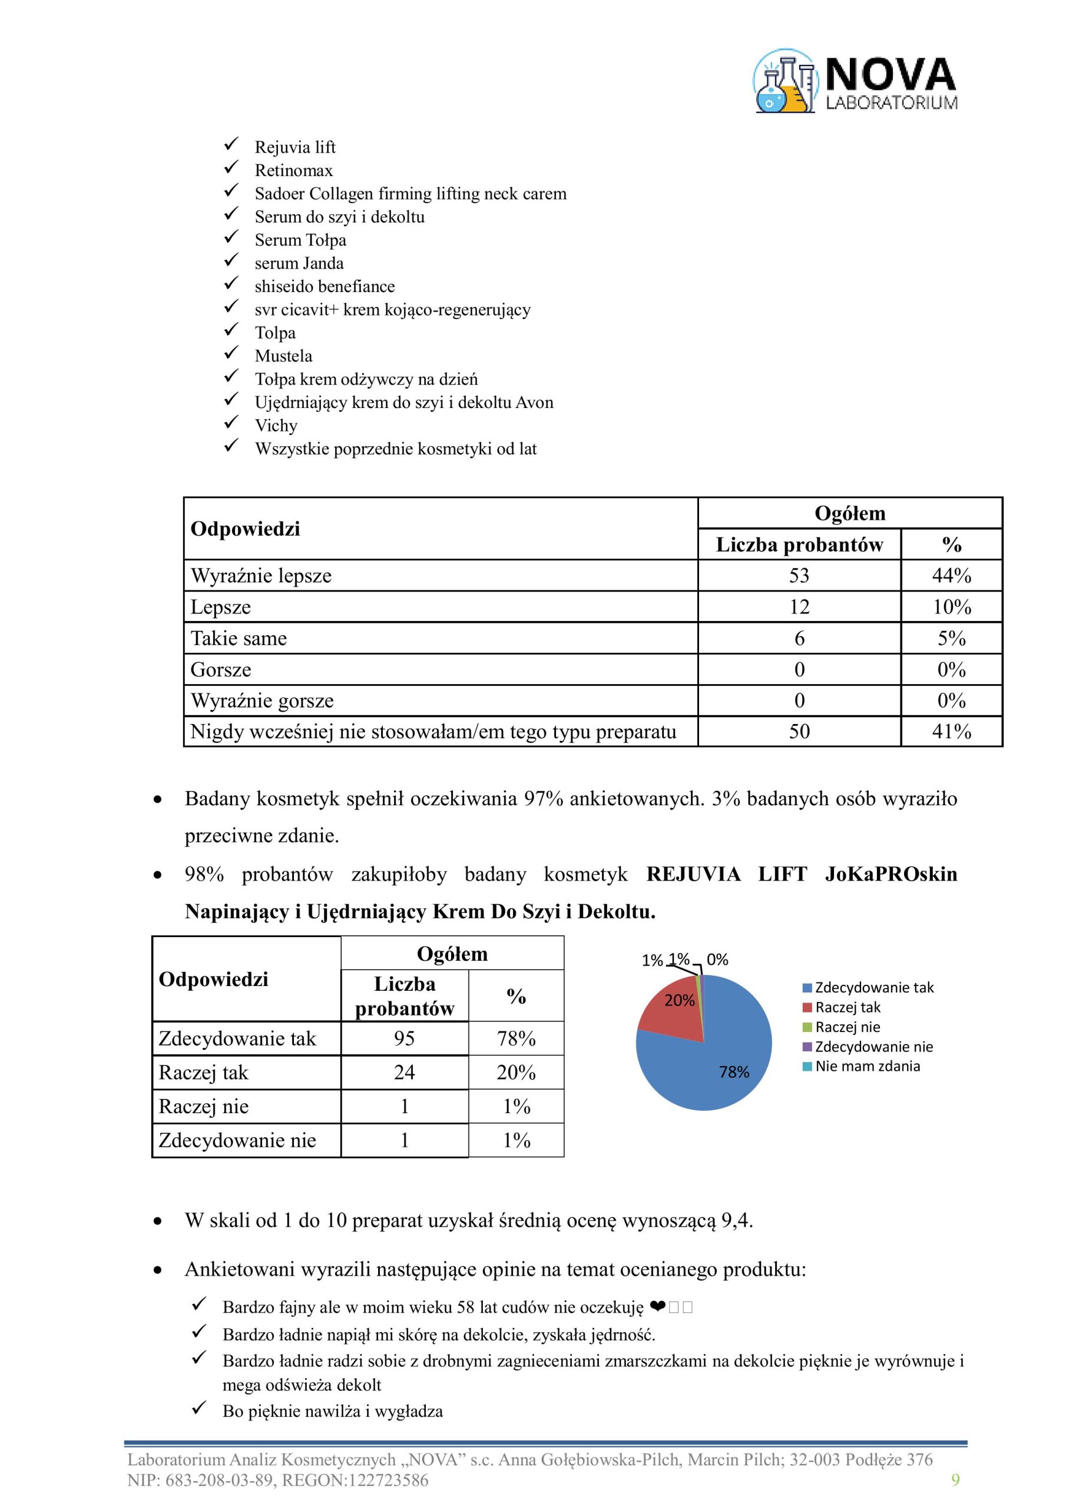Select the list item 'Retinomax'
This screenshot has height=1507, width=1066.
pos(294,171)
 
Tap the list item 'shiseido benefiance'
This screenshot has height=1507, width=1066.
pos(325,287)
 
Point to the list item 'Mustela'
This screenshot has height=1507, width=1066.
pos(283,356)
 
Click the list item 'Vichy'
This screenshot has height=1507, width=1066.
pos(276,426)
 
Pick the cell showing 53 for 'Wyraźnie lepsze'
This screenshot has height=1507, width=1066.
pos(799,576)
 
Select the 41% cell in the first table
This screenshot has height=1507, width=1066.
pos(951,731)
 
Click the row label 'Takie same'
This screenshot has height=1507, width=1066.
pos(239,638)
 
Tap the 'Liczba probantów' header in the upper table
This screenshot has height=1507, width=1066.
pos(799,545)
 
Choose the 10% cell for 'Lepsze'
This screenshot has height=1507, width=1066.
pos(951,607)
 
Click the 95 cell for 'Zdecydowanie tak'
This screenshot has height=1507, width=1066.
pos(404,1038)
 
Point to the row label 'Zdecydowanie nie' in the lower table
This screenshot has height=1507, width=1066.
pos(237,1140)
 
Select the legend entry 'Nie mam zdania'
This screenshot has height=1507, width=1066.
pos(867,1066)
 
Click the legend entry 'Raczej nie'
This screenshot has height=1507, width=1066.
pos(847,1027)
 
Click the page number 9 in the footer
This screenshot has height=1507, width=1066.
pos(955,1480)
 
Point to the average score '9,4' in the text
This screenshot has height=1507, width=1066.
pos(736,1221)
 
